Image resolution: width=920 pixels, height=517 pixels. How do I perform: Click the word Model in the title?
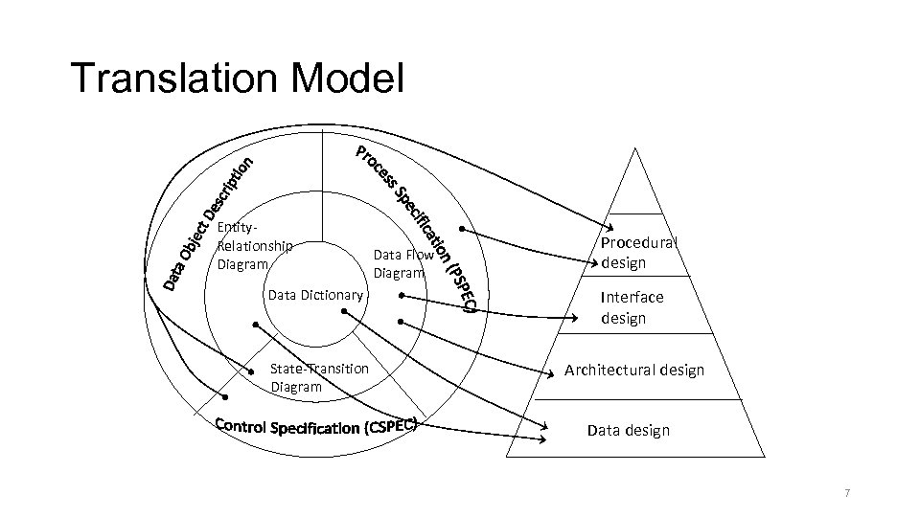pyautogui.click(x=354, y=79)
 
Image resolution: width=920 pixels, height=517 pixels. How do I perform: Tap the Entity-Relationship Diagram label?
pyautogui.click(x=254, y=246)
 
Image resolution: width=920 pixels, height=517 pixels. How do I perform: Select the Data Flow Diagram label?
pyautogui.click(x=402, y=263)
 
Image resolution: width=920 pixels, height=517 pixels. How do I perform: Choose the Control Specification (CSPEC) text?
pyautogui.click(x=317, y=426)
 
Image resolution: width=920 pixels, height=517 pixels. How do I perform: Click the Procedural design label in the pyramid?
pyautogui.click(x=638, y=252)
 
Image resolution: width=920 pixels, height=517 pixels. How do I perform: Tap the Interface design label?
pyautogui.click(x=632, y=307)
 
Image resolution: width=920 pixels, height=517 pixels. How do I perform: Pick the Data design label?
pyautogui.click(x=628, y=430)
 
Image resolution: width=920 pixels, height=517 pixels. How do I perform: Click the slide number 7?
pyautogui.click(x=846, y=493)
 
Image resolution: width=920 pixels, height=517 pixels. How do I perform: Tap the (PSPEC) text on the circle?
pyautogui.click(x=462, y=284)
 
